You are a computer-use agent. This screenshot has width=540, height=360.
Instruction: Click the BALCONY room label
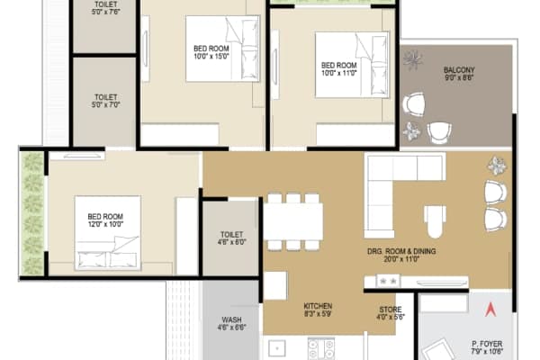459,70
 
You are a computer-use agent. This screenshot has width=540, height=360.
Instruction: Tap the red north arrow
490,311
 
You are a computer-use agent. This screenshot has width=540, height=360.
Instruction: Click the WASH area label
231,320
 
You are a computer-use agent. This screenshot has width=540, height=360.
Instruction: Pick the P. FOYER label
487,343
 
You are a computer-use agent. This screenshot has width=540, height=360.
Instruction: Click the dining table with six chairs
292,221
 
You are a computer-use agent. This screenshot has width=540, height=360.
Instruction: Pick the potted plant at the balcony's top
416,59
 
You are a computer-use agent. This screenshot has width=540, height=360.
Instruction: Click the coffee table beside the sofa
436,220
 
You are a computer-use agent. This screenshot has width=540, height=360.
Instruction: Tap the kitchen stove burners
321,347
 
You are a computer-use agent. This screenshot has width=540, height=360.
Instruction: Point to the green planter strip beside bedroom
33,214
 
